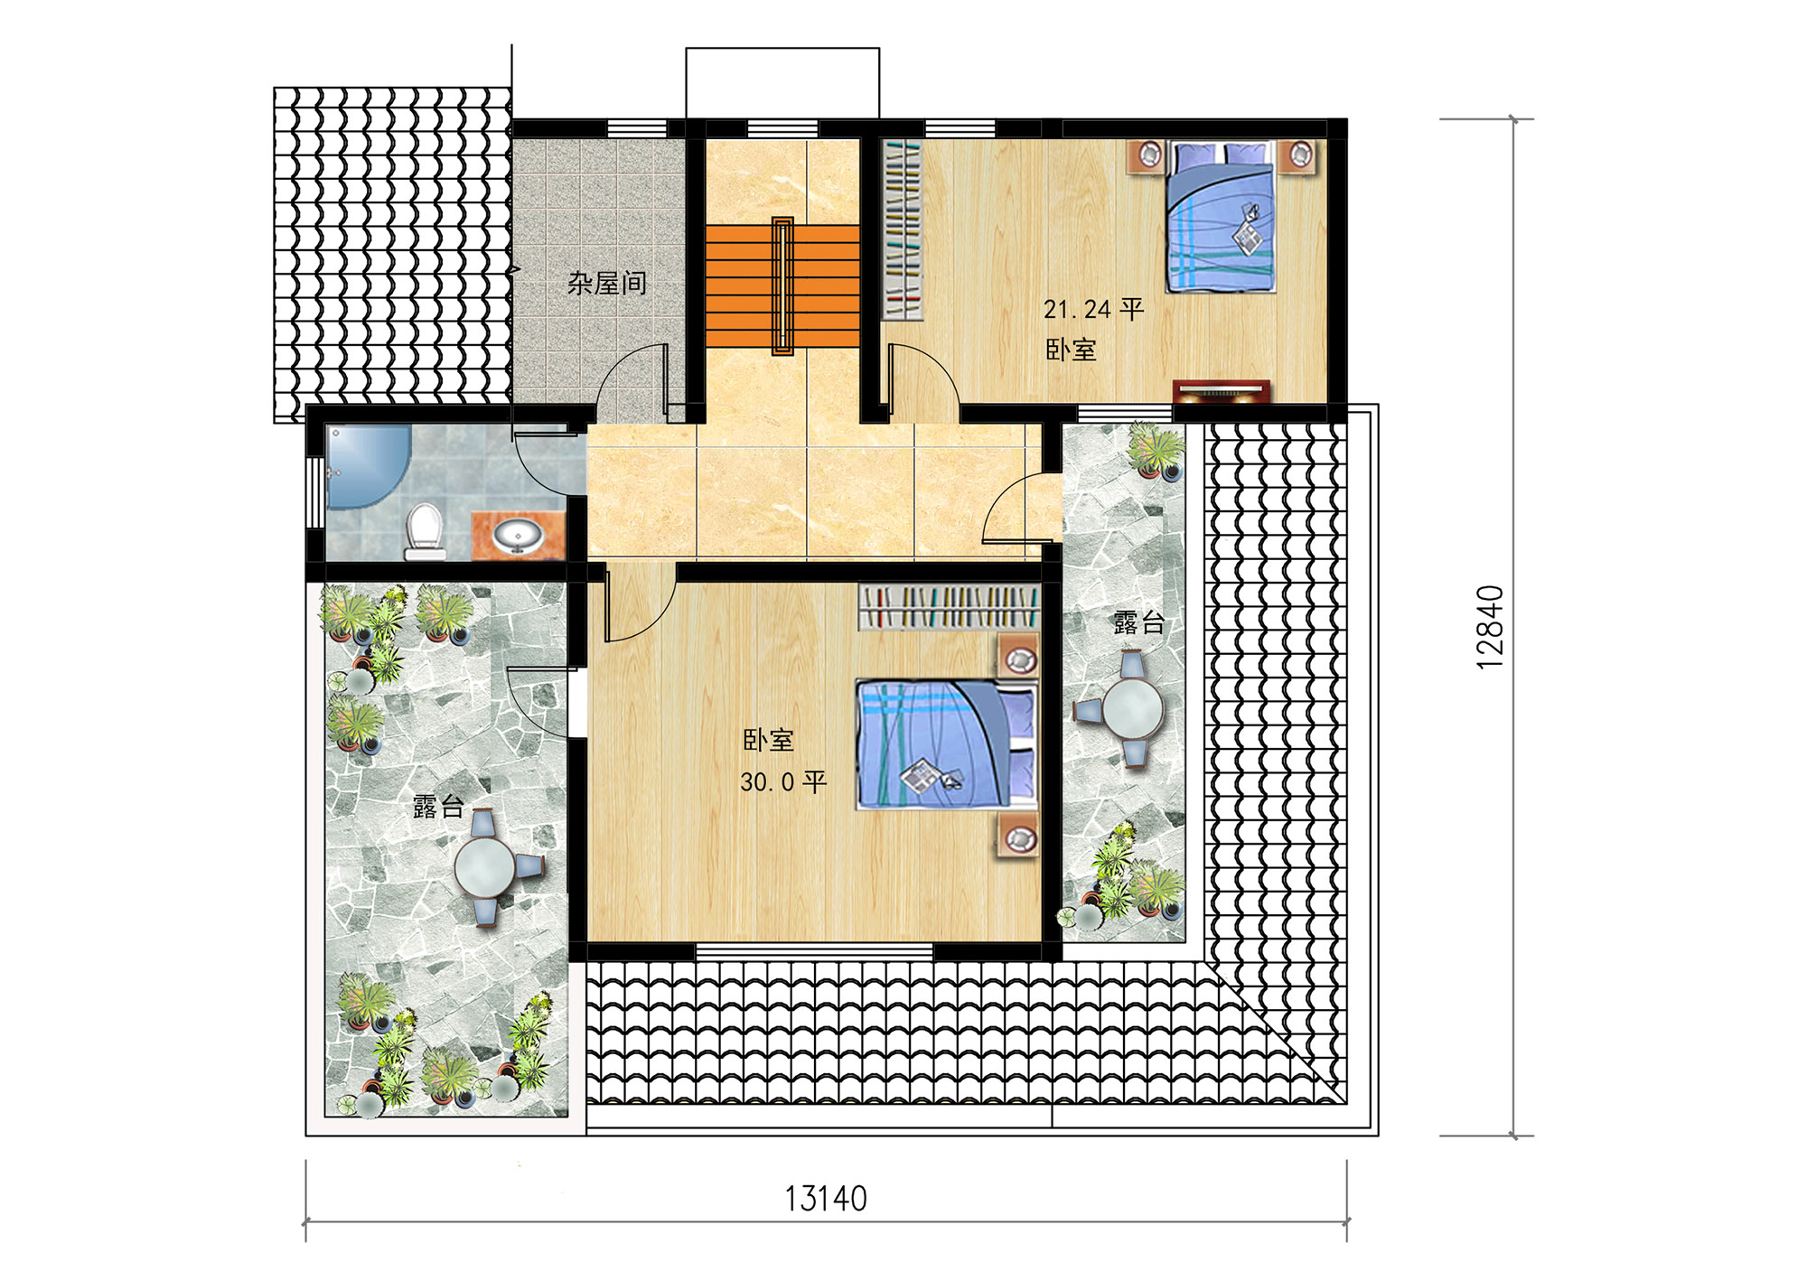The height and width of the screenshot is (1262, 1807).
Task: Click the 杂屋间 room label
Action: tap(607, 284)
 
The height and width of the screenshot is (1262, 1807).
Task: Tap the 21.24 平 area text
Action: tap(1093, 310)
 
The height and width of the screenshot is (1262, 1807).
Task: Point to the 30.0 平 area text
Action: tap(782, 781)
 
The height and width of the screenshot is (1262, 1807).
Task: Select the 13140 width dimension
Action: tap(826, 1199)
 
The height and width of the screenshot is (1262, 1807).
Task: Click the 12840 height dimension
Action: tap(1491, 627)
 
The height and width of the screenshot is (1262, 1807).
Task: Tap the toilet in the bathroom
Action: tap(424, 531)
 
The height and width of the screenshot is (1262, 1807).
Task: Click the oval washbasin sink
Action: tap(518, 536)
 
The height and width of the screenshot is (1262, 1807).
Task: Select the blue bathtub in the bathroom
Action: tap(366, 466)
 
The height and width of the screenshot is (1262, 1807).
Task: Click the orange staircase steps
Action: tap(782, 286)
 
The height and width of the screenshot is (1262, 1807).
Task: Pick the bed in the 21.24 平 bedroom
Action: tap(1221, 217)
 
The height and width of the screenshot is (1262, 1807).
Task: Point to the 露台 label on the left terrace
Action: tap(438, 807)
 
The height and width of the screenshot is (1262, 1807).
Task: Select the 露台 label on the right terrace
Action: tap(1138, 622)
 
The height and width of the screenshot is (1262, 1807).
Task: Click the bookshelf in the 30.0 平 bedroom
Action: tap(949, 606)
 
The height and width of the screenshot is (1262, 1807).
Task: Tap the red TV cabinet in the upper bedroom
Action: tap(1222, 392)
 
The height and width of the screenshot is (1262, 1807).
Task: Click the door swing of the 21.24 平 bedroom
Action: tap(923, 379)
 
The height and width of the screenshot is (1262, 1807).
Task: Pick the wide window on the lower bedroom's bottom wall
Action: tap(814, 951)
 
